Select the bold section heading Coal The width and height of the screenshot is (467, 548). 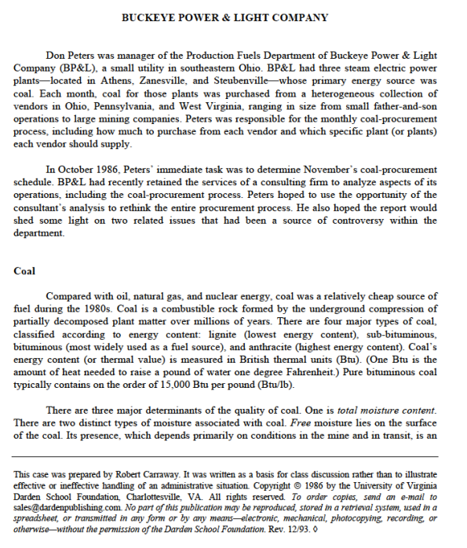pyautogui.click(x=24, y=271)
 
